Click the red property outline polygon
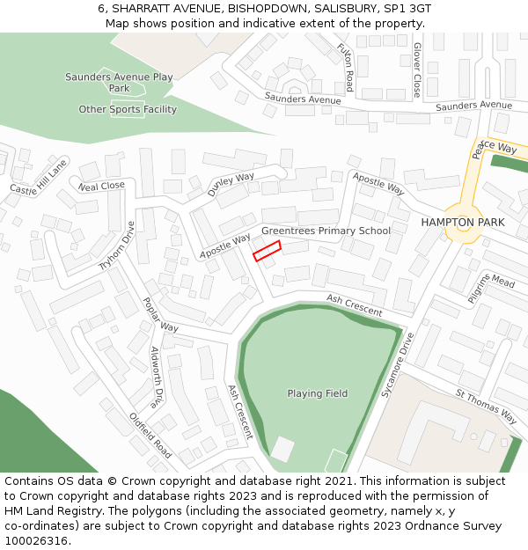click(x=267, y=252)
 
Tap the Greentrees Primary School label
click(x=326, y=231)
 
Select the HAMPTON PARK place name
click(x=463, y=222)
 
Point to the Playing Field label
click(x=317, y=393)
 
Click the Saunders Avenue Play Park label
click(x=119, y=83)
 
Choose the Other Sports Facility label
click(x=128, y=110)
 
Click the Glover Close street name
click(x=417, y=70)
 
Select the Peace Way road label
click(x=493, y=149)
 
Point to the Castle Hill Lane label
click(x=39, y=177)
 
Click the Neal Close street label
click(x=101, y=187)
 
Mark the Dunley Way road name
click(x=231, y=184)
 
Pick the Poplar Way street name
click(x=159, y=314)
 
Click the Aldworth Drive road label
click(x=157, y=378)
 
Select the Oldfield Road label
click(x=150, y=435)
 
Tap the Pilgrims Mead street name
click(x=490, y=288)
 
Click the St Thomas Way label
click(x=486, y=404)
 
